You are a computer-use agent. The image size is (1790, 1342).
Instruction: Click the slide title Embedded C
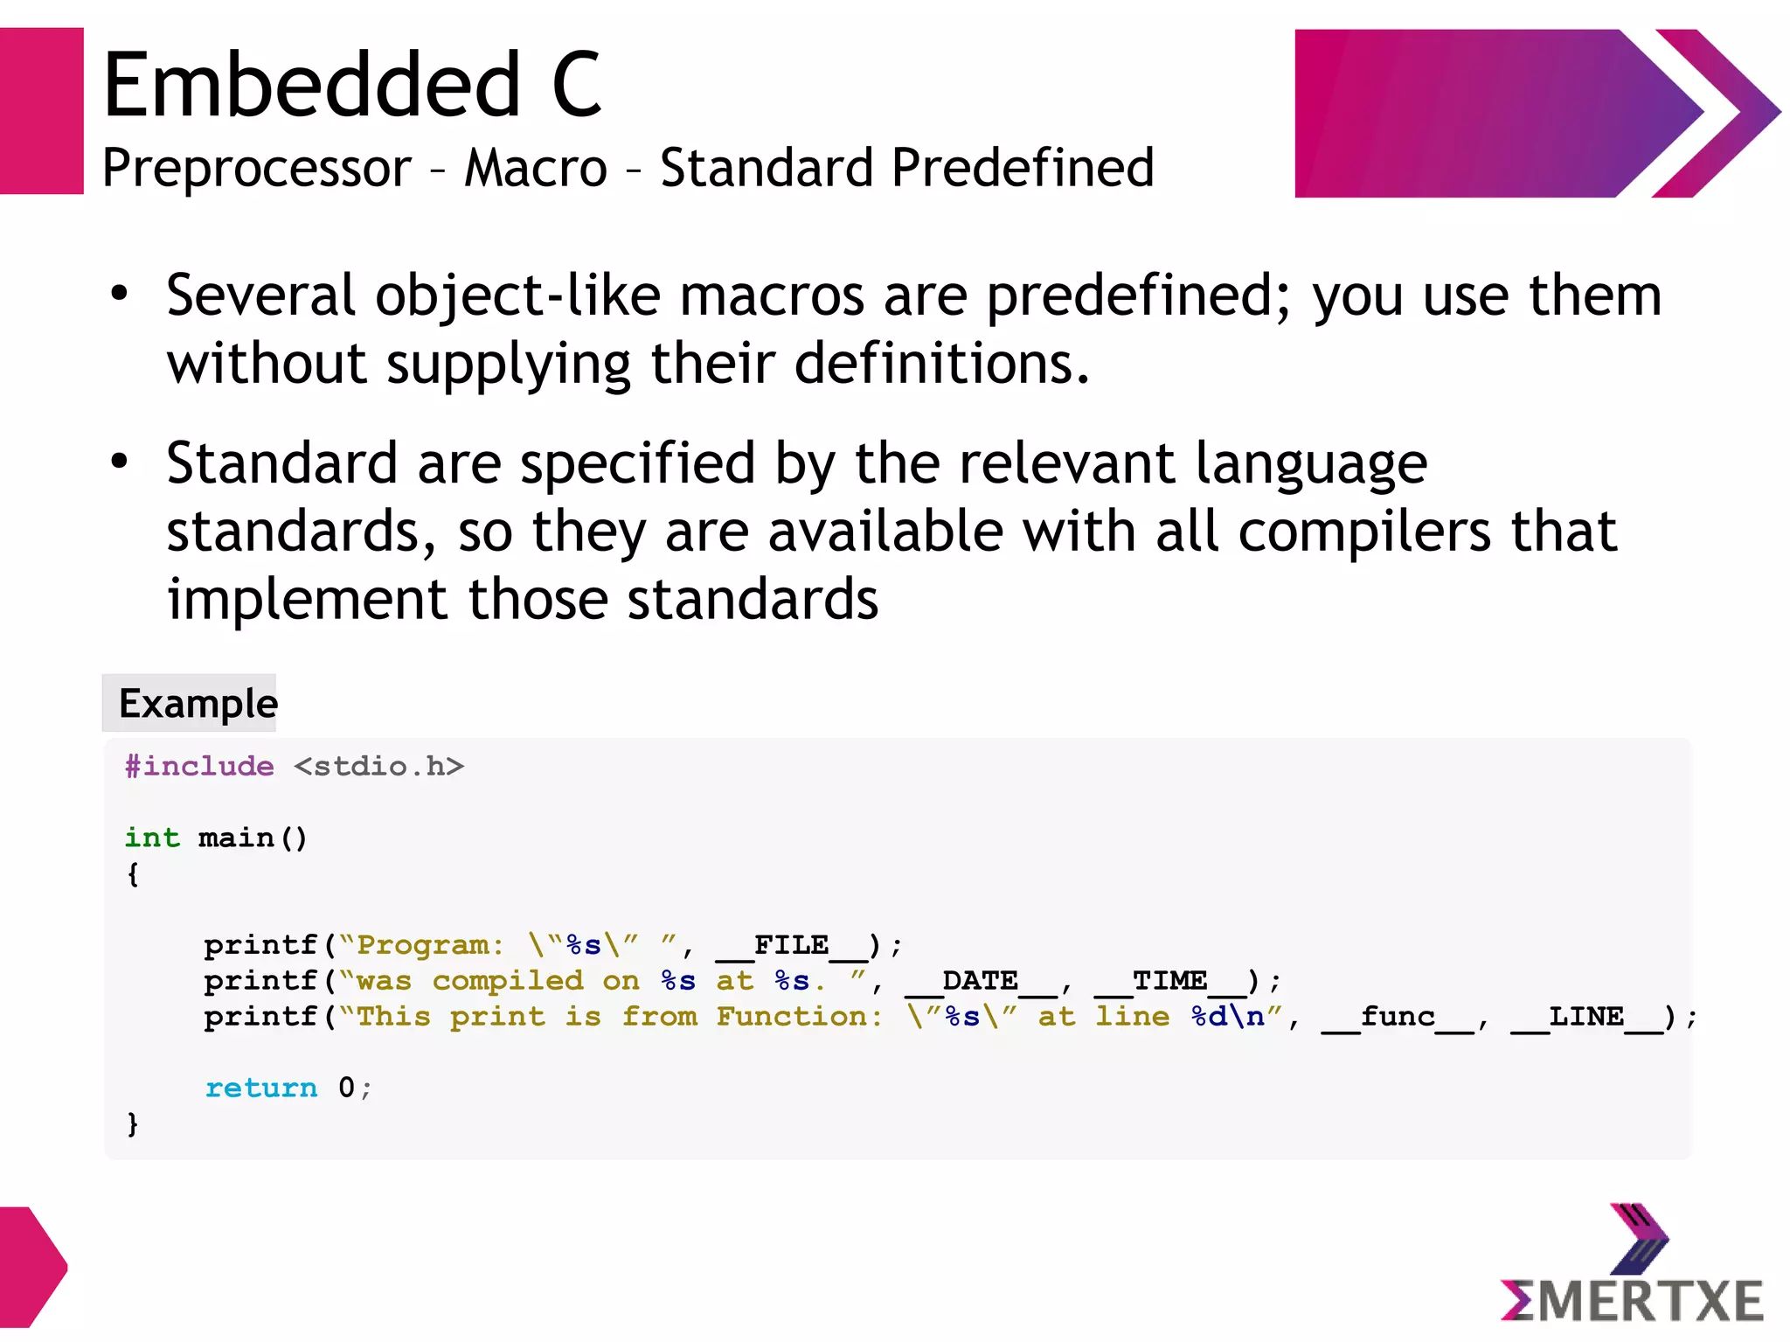pos(351,85)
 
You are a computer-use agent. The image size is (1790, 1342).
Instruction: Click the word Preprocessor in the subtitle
pos(256,168)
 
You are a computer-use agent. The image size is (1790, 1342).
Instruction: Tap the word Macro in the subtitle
pos(535,168)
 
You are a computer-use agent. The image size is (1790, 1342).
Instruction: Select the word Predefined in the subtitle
pos(1023,168)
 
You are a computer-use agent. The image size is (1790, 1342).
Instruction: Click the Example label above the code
pos(198,704)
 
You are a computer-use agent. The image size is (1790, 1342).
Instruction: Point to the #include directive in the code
pos(199,767)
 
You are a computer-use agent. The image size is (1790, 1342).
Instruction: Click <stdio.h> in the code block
pos(378,767)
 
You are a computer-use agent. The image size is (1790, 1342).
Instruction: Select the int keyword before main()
pos(152,838)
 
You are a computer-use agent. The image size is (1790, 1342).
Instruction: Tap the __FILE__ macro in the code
pos(791,945)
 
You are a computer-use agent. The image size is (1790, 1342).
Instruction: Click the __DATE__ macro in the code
pos(981,981)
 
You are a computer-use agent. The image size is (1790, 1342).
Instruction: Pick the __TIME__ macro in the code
pos(1170,981)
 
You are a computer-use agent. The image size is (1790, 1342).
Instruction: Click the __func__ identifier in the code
pos(1398,1017)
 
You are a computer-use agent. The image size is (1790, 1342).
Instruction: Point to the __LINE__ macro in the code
pos(1586,1017)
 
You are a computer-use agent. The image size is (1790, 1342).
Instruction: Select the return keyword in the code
pos(261,1088)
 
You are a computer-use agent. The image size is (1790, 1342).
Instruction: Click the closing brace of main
pos(133,1123)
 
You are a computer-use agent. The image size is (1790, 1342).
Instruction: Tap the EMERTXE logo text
pos(1633,1300)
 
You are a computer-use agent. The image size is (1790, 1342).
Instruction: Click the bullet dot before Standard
pos(120,461)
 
